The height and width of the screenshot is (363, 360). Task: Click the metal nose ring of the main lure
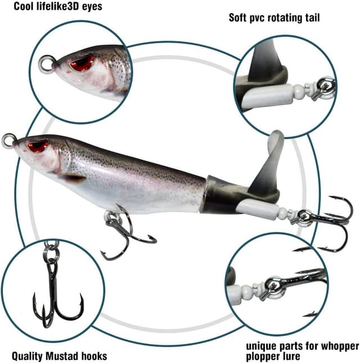(8, 139)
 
